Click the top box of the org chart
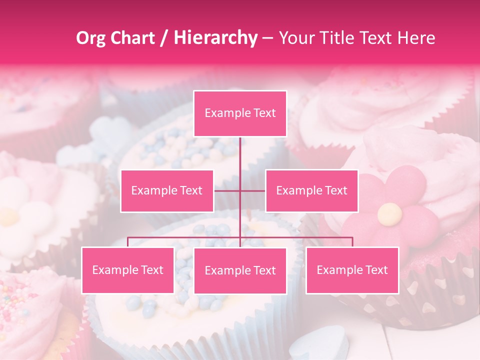[x=240, y=113]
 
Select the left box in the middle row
[x=167, y=190]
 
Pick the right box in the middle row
[x=311, y=190]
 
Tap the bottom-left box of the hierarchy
[x=128, y=270]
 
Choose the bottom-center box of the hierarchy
[x=240, y=271]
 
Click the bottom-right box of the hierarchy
[x=352, y=270]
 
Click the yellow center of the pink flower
[x=389, y=214]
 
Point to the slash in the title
[x=163, y=38]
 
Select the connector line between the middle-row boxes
[x=240, y=190]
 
